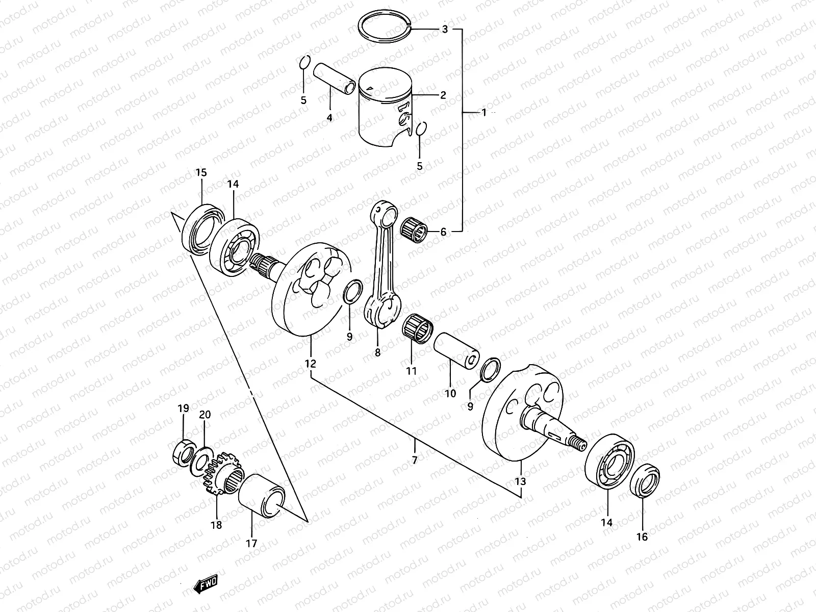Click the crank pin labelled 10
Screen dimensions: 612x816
tap(456, 352)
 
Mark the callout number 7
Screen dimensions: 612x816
tap(415, 460)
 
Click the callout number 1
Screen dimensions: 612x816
tap(484, 112)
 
